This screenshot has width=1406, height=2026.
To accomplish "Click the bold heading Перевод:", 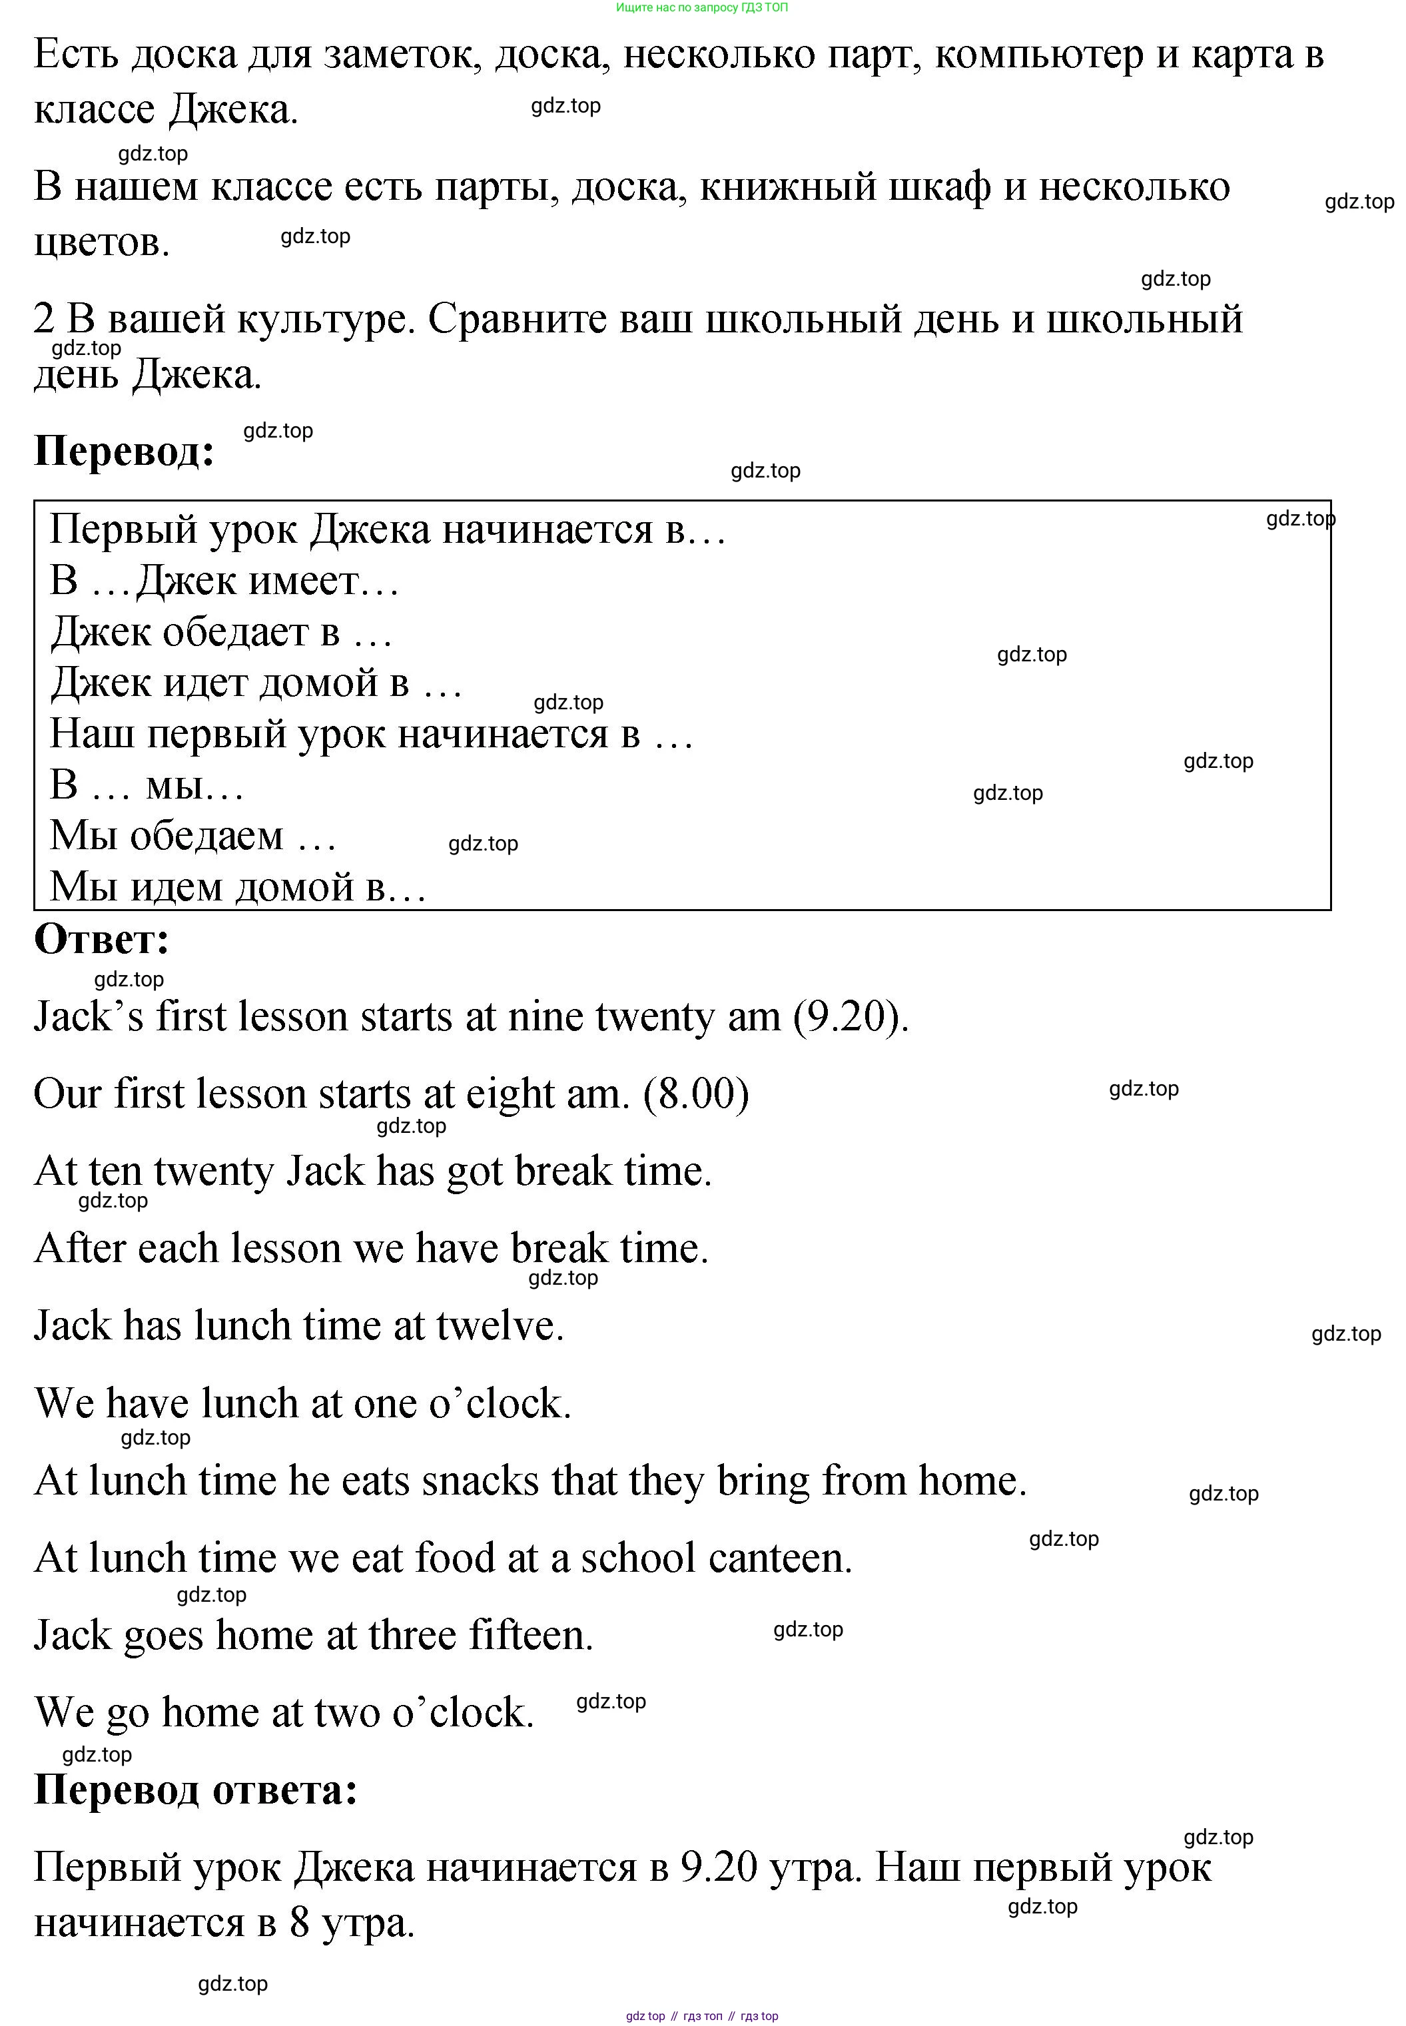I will click(x=124, y=451).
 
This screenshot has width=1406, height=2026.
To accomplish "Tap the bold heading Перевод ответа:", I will click(x=196, y=1790).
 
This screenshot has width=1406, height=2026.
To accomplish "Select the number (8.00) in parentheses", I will click(x=696, y=1095).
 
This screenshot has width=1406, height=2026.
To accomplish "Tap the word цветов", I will click(x=101, y=242).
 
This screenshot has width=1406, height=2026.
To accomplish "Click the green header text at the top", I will click(x=702, y=8).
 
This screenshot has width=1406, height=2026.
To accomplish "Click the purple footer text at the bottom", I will click(x=702, y=2016).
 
